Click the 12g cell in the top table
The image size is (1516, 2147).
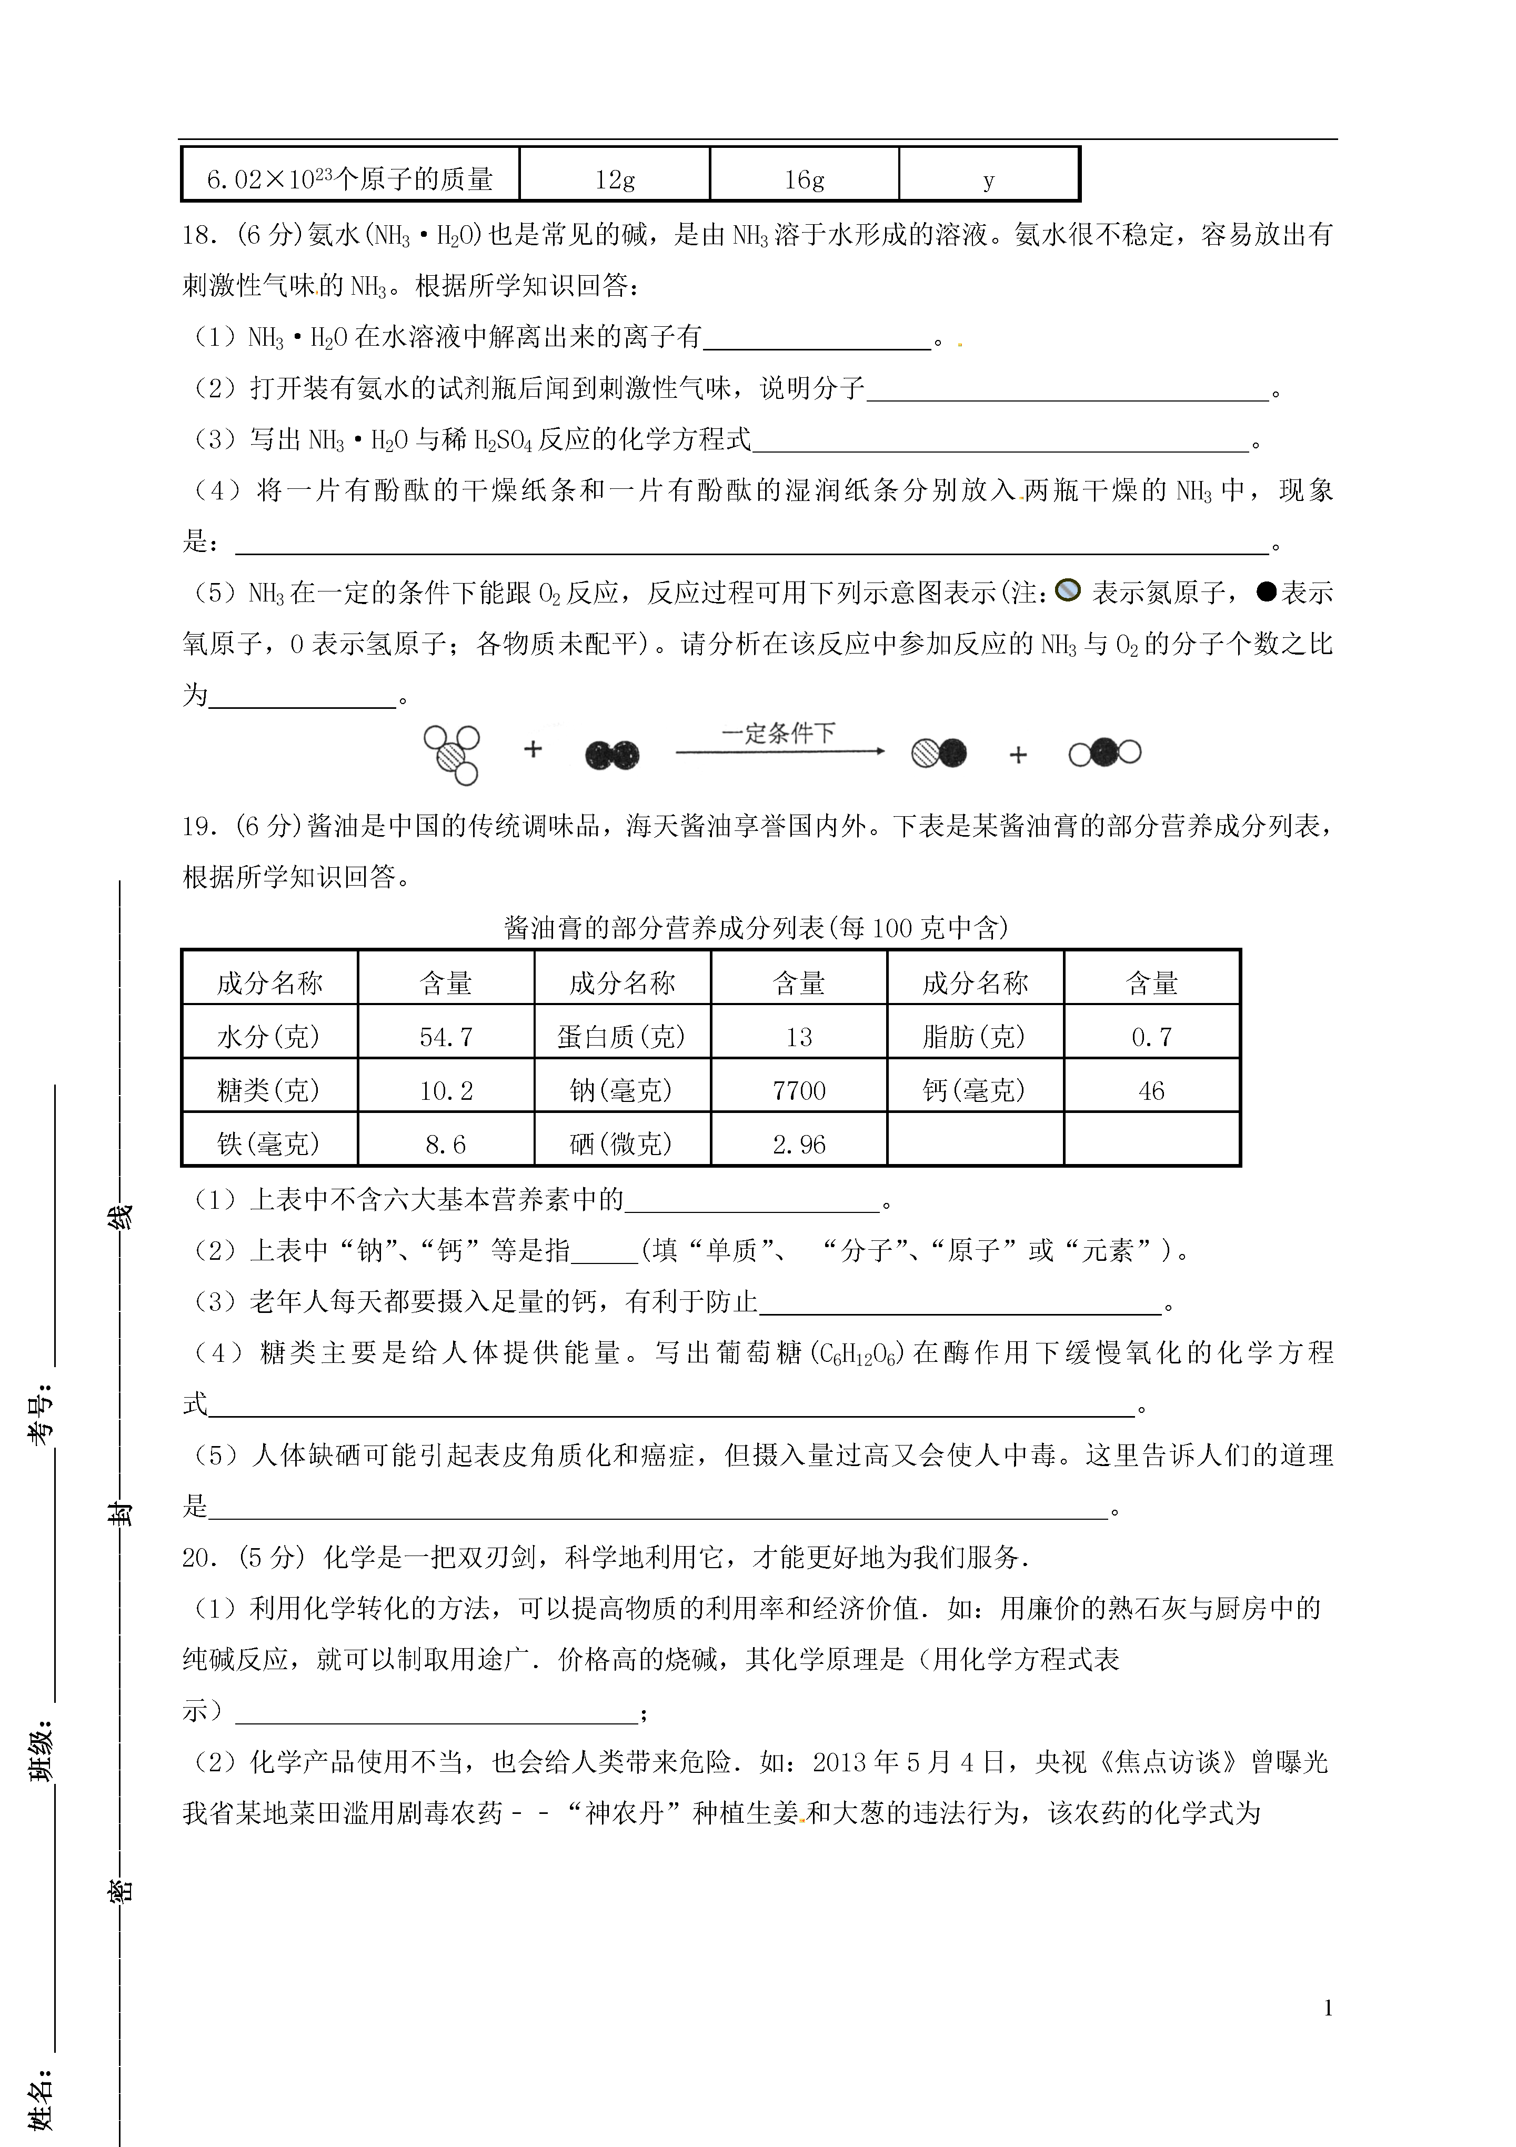pyautogui.click(x=615, y=178)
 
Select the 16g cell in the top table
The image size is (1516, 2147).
pyautogui.click(x=804, y=178)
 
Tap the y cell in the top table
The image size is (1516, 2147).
pyautogui.click(x=989, y=178)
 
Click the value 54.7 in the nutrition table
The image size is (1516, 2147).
pyautogui.click(x=446, y=1036)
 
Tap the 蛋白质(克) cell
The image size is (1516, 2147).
pyautogui.click(x=622, y=1036)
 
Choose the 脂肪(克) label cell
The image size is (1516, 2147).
pyautogui.click(x=975, y=1036)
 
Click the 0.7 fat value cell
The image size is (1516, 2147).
pyautogui.click(x=1151, y=1036)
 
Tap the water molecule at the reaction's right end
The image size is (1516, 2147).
pyautogui.click(x=1105, y=753)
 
